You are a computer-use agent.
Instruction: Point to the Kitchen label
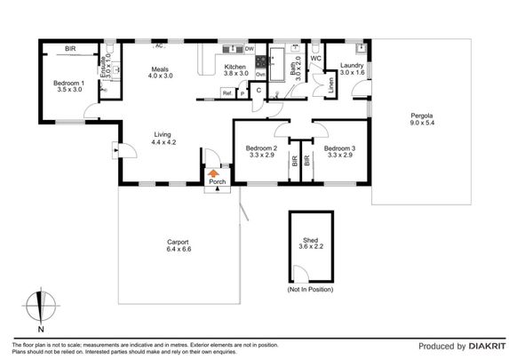(235, 67)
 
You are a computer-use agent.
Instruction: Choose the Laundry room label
(351, 65)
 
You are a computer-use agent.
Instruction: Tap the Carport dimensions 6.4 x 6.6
(179, 250)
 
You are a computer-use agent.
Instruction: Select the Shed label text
(310, 239)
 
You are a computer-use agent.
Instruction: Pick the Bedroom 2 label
(262, 148)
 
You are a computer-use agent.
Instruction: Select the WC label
(315, 60)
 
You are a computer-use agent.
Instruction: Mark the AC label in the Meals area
(160, 45)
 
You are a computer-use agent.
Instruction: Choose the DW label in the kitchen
(250, 48)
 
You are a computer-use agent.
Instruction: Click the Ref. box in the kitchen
(227, 92)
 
